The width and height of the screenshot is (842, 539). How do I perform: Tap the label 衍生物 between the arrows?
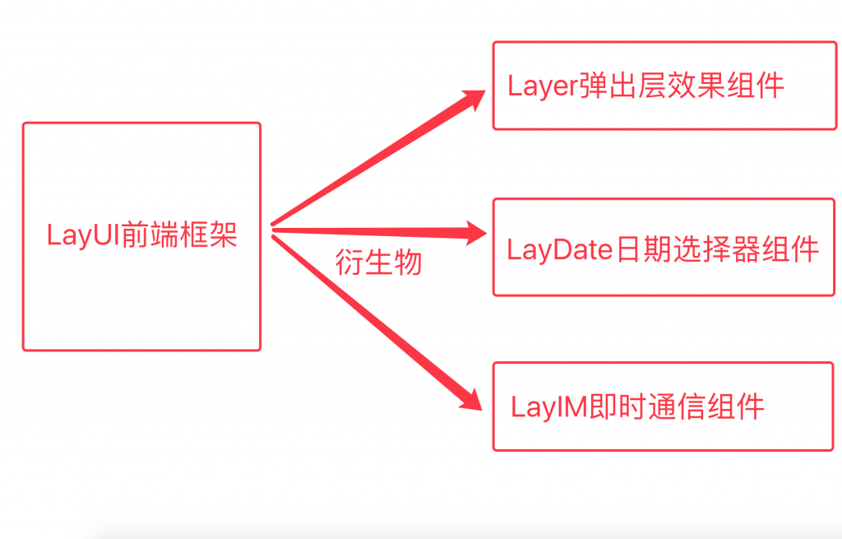379,262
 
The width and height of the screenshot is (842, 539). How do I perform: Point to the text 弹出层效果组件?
682,85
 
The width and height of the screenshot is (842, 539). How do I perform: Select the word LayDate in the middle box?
559,249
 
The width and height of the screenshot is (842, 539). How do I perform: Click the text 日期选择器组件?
717,249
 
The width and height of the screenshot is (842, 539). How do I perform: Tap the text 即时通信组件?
678,407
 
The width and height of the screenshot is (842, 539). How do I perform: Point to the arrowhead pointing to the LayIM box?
472,398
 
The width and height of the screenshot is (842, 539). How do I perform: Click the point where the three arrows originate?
273,230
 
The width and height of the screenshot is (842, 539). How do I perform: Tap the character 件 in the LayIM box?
752,407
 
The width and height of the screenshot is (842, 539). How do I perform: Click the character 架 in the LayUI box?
223,235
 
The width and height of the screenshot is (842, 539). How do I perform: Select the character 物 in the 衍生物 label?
408,262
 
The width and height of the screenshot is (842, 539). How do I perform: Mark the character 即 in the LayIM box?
604,407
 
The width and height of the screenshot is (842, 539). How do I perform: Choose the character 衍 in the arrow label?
349,262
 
